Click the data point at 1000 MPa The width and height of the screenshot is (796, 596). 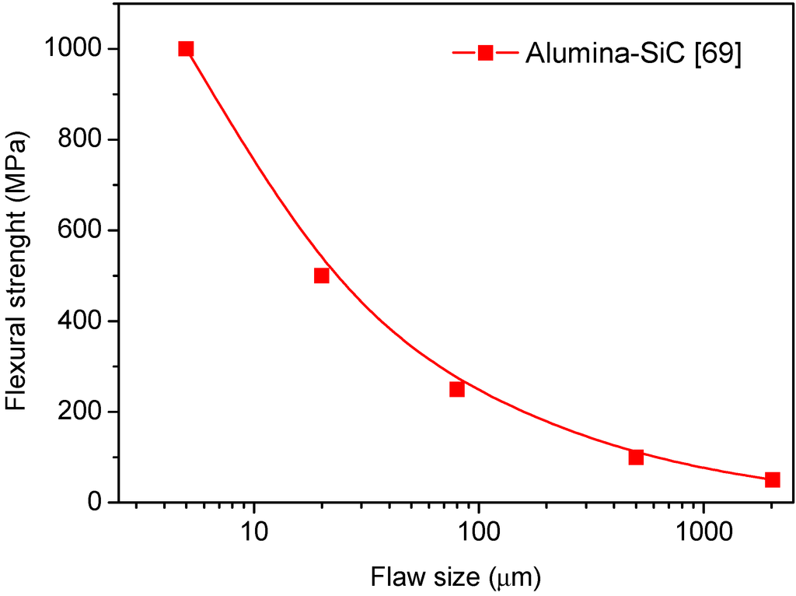tap(186, 49)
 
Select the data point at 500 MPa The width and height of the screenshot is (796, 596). tap(321, 275)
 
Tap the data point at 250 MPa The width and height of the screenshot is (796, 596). tap(457, 389)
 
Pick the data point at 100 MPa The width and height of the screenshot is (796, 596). tap(636, 457)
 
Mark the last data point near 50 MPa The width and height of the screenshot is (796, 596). tap(772, 479)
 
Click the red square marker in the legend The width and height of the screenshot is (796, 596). tap(486, 52)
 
